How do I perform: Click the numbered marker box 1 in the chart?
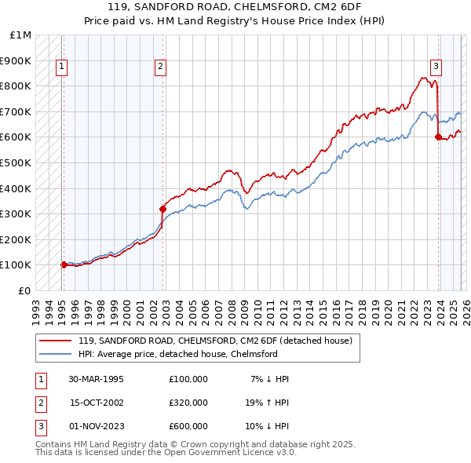click(61, 67)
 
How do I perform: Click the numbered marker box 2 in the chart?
click(160, 67)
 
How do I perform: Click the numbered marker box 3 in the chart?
click(436, 67)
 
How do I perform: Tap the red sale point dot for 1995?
click(64, 264)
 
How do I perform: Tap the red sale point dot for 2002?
click(162, 209)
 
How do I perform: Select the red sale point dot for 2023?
click(437, 137)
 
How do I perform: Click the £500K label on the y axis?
click(16, 163)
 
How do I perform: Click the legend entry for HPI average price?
click(177, 354)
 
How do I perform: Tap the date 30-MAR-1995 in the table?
click(96, 379)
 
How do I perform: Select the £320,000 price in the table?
click(188, 403)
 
